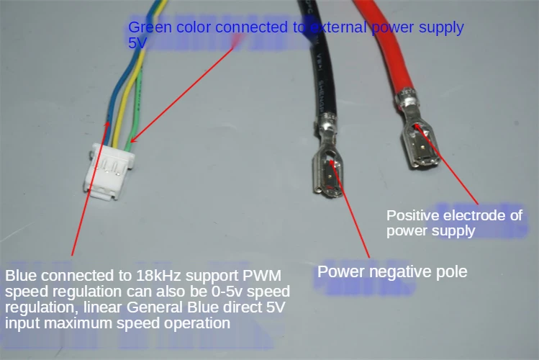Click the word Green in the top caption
point(148,28)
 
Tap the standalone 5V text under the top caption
point(137,43)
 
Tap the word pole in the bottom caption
point(453,271)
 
